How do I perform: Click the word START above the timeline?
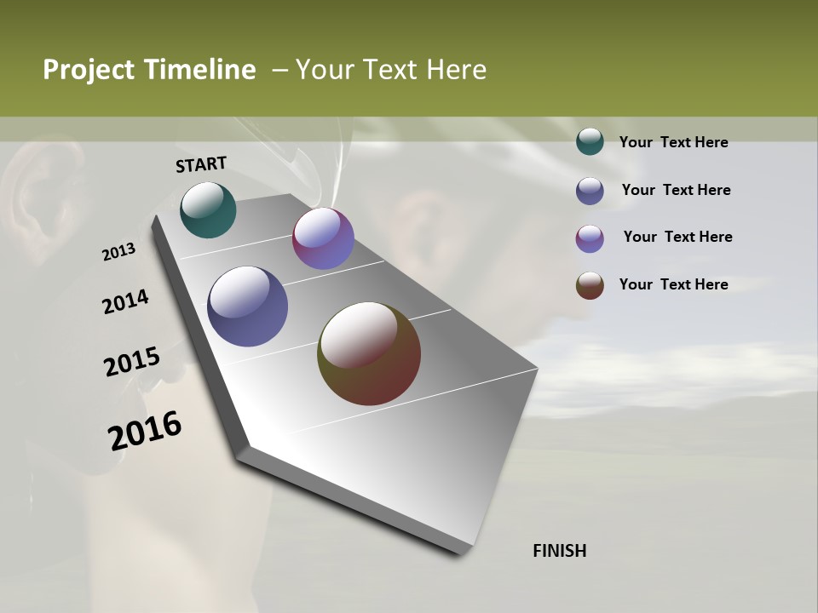click(x=201, y=164)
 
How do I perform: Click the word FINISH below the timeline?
click(x=560, y=551)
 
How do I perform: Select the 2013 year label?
click(x=119, y=252)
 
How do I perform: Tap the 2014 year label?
click(x=125, y=302)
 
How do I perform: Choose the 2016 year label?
click(x=145, y=431)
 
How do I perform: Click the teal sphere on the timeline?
click(x=208, y=209)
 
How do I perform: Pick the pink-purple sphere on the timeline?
click(x=323, y=238)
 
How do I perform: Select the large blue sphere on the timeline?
click(x=247, y=306)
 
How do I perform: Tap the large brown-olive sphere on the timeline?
click(x=369, y=353)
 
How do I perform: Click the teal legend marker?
click(x=590, y=142)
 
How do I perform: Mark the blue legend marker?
click(x=590, y=191)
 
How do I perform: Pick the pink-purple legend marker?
click(x=590, y=238)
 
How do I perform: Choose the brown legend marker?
click(x=590, y=285)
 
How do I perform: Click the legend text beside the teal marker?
click(x=673, y=142)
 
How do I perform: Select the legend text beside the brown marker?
click(x=673, y=284)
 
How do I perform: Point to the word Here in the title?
click(x=456, y=70)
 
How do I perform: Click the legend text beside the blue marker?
click(x=676, y=190)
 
